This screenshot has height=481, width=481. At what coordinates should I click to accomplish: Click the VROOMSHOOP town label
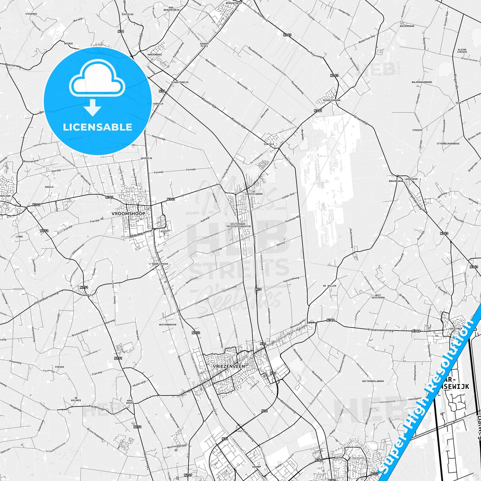(128, 213)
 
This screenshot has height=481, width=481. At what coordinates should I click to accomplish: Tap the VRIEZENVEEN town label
(228, 366)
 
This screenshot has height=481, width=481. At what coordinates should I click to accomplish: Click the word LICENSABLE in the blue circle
(98, 127)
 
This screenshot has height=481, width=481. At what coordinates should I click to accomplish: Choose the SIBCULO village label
(269, 144)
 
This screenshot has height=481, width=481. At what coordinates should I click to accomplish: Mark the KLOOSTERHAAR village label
(332, 100)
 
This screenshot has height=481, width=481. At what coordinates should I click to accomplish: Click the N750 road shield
(196, 333)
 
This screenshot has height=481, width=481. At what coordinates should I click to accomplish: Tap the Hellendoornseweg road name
(46, 299)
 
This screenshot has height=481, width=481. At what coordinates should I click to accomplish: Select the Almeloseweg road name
(288, 406)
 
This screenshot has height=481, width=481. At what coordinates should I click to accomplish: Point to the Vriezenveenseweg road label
(380, 330)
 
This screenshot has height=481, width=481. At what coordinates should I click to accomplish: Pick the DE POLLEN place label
(329, 286)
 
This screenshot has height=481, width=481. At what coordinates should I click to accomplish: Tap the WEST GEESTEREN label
(378, 296)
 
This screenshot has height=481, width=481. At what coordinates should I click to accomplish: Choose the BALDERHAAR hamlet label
(407, 26)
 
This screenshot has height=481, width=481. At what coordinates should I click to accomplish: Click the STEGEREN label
(31, 14)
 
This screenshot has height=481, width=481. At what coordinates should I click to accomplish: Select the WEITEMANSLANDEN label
(373, 381)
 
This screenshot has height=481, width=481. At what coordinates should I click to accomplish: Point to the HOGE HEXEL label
(129, 401)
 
